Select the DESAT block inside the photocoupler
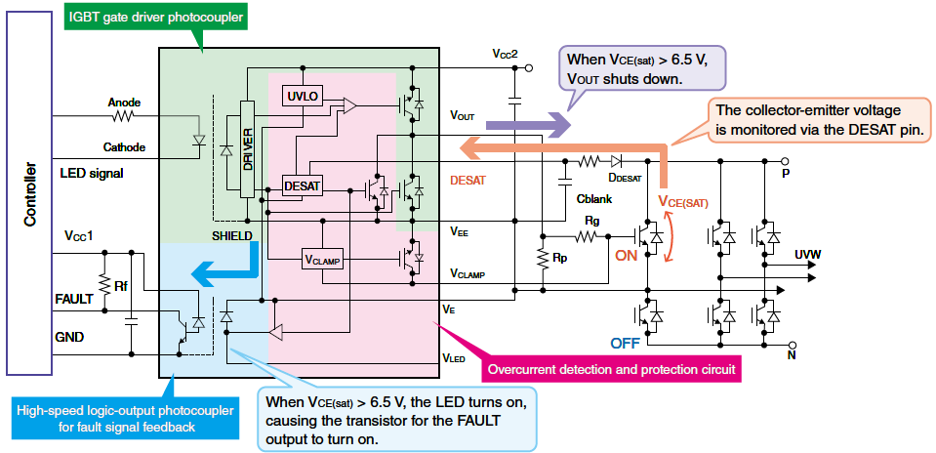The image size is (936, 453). point(300,185)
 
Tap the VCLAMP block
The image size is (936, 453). point(323,259)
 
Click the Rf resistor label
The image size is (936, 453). point(121,286)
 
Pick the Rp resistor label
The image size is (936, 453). point(559,261)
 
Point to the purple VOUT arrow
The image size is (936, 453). point(526,125)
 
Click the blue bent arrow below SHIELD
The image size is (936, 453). point(225,267)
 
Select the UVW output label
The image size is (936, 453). point(807,255)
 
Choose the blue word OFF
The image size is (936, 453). point(626,343)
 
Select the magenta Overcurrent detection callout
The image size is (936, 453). point(611,369)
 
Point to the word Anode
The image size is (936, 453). point(124,102)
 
